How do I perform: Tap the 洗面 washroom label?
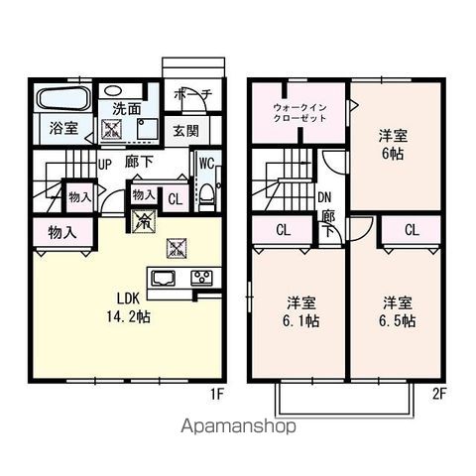pyautogui.click(x=126, y=108)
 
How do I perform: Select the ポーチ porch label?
pyautogui.click(x=192, y=94)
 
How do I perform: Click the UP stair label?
pyautogui.click(x=105, y=166)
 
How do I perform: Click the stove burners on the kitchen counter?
pyautogui.click(x=202, y=277)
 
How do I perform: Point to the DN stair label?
pyautogui.click(x=324, y=196)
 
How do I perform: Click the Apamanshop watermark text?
pyautogui.click(x=238, y=429)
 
